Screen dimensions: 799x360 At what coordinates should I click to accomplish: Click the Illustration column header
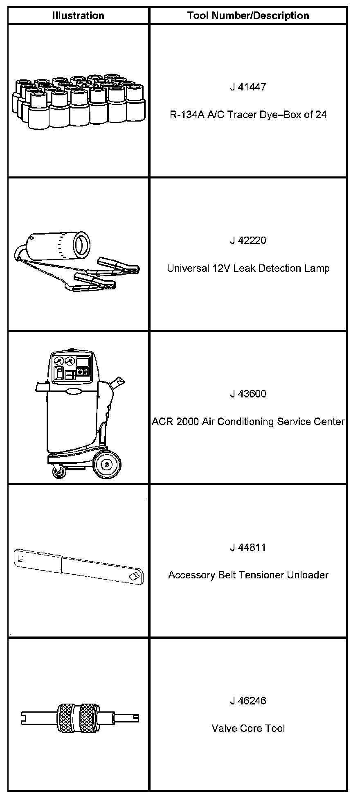click(x=78, y=16)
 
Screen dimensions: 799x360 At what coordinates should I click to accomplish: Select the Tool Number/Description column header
click(x=248, y=16)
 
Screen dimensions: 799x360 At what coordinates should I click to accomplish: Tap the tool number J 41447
click(x=248, y=87)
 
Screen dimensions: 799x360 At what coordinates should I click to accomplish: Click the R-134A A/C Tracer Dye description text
click(x=248, y=115)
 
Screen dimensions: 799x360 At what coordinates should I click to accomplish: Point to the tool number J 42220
click(x=248, y=240)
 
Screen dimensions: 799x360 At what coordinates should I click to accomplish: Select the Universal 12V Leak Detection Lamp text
click(x=248, y=268)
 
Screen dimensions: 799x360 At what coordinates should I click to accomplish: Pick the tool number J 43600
click(x=248, y=394)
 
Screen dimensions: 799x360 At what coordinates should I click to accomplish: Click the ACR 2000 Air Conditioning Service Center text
click(x=248, y=422)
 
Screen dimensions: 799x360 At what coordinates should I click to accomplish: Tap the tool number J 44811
click(x=248, y=547)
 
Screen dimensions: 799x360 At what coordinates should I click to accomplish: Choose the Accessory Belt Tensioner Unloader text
click(x=248, y=575)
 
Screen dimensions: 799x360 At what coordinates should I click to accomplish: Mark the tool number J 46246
click(x=248, y=701)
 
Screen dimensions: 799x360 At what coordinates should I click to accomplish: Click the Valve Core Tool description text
click(x=248, y=729)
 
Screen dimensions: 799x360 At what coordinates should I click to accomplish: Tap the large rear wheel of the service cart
click(x=107, y=465)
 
